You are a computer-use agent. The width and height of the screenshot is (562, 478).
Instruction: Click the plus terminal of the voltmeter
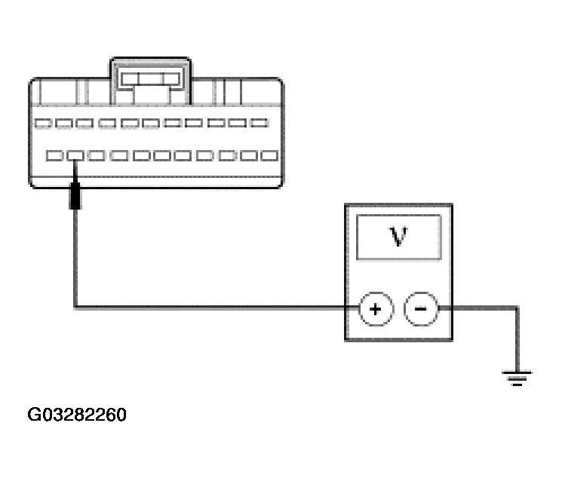(x=376, y=309)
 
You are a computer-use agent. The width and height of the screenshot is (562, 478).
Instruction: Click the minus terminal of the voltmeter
(x=421, y=309)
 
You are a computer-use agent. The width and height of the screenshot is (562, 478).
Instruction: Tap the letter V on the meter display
(x=398, y=236)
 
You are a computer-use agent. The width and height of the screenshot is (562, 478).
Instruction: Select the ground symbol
(x=517, y=378)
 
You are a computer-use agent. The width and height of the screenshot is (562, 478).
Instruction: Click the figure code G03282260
(x=77, y=415)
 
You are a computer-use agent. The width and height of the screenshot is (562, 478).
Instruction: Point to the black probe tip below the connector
(x=75, y=195)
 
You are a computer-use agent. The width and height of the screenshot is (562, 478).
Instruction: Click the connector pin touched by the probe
(x=75, y=155)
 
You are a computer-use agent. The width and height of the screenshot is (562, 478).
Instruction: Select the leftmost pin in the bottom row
(x=55, y=155)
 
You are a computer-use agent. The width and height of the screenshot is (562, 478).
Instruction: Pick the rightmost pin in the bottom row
(x=269, y=155)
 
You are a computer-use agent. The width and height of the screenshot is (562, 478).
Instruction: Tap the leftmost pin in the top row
(x=43, y=124)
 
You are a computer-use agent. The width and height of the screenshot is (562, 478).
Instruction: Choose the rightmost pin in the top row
(x=259, y=123)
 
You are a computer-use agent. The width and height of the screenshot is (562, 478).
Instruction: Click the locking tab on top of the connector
(x=151, y=81)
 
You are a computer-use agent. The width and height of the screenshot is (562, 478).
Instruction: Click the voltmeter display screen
(x=398, y=237)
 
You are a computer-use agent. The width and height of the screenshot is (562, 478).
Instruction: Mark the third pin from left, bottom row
(x=97, y=155)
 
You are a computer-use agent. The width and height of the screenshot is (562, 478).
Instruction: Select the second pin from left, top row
(x=64, y=124)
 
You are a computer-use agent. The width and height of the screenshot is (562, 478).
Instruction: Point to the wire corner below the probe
(x=75, y=308)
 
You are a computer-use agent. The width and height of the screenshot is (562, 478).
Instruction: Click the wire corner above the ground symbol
(x=517, y=308)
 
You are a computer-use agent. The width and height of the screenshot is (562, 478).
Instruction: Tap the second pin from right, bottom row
(x=249, y=155)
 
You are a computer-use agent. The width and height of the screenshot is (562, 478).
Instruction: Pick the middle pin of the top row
(x=151, y=124)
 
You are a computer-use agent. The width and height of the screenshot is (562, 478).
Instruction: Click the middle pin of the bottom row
(x=162, y=155)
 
